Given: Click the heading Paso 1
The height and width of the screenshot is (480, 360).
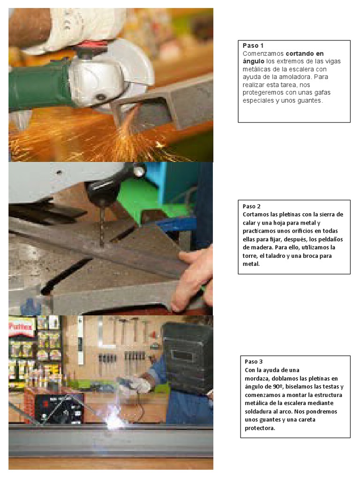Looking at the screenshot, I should (x=253, y=45).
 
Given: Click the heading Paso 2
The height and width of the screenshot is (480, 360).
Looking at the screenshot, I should (x=252, y=206).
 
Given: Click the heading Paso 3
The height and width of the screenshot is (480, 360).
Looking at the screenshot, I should (x=254, y=361).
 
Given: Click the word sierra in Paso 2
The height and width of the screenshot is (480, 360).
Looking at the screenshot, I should (x=326, y=214).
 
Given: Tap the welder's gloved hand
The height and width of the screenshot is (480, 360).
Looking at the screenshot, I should (x=138, y=385).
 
